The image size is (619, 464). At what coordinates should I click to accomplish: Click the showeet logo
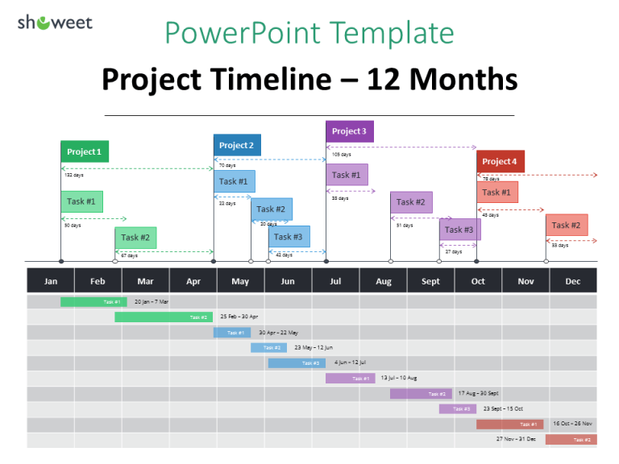click(x=55, y=22)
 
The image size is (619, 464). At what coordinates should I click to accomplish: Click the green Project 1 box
click(x=85, y=151)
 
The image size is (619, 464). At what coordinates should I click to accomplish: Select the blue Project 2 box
click(x=237, y=145)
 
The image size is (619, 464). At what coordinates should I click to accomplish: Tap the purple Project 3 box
click(x=349, y=131)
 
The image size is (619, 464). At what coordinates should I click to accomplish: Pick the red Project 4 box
click(x=500, y=162)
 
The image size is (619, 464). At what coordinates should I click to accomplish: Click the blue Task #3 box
click(x=289, y=237)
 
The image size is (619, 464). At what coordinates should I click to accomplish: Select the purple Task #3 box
click(x=459, y=230)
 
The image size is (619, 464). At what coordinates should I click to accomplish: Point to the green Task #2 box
click(x=135, y=238)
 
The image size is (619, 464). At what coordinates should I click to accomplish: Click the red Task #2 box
click(x=567, y=226)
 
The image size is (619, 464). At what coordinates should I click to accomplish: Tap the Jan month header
click(x=51, y=281)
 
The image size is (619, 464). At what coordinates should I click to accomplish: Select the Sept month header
click(x=430, y=281)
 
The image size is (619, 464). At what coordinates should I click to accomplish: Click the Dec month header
click(x=573, y=281)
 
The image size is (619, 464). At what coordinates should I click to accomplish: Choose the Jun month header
click(x=288, y=281)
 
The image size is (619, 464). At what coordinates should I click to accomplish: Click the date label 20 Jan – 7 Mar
click(x=152, y=302)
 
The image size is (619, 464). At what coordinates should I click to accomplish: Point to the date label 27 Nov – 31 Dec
click(x=517, y=440)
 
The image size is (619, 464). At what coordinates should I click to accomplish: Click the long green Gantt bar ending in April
click(x=164, y=317)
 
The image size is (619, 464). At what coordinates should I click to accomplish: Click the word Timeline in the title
click(x=286, y=79)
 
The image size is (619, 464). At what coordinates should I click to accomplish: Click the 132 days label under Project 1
click(x=73, y=175)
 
